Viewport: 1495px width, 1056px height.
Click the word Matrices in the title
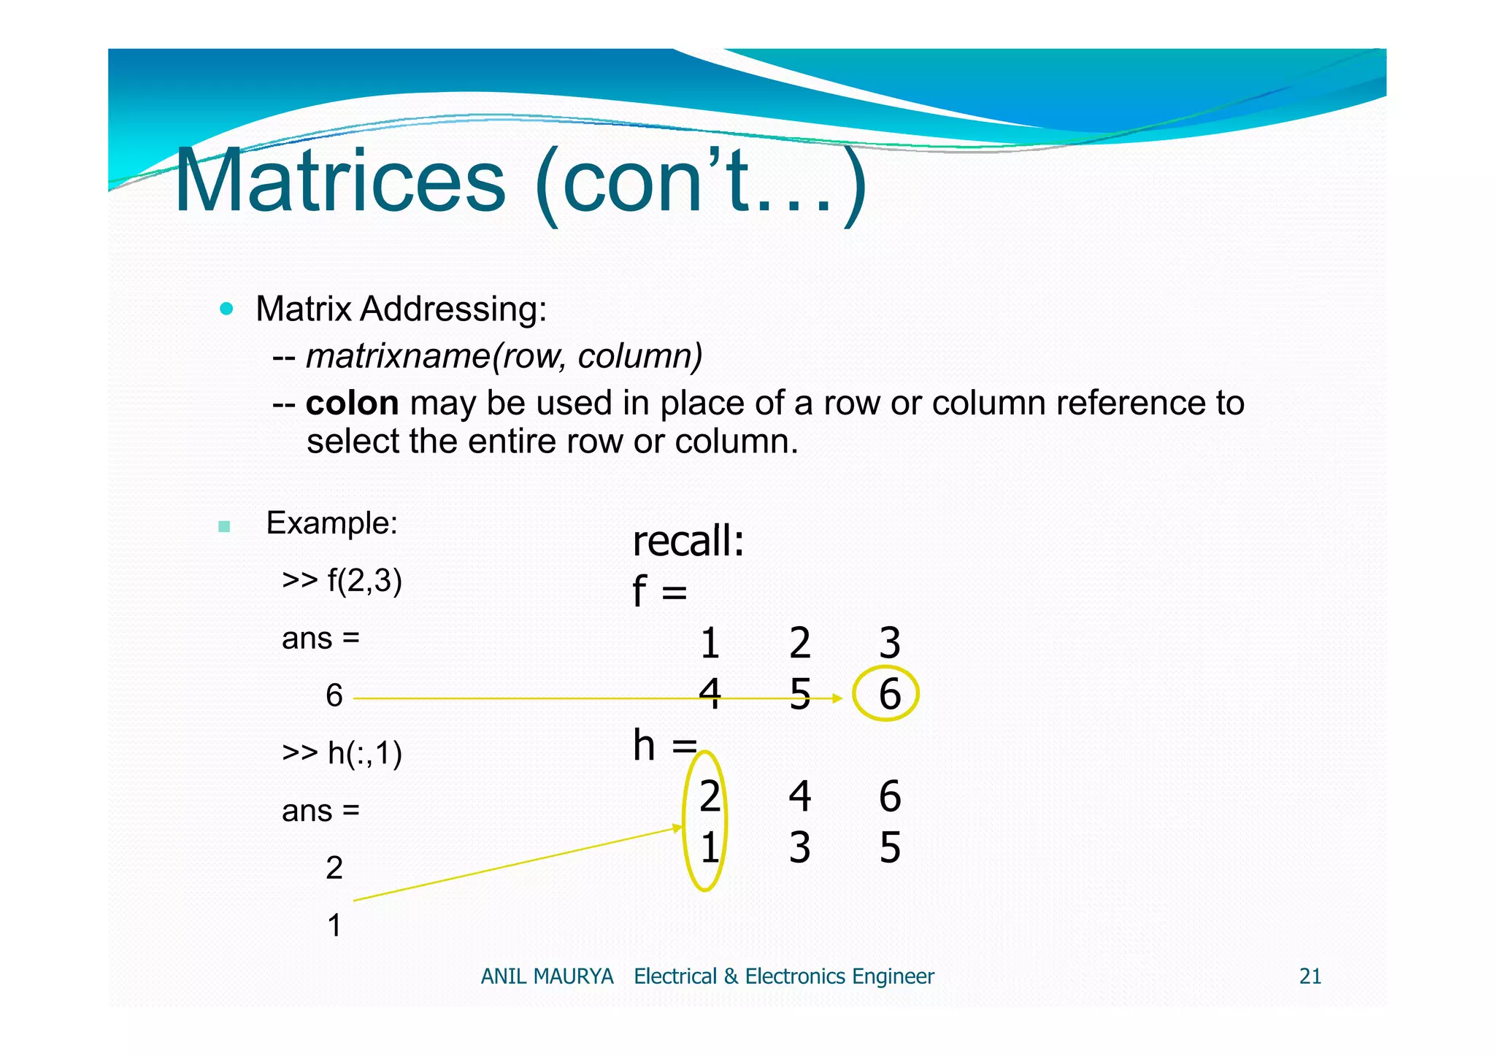pos(339,180)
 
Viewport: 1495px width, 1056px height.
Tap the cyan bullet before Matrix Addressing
pos(226,309)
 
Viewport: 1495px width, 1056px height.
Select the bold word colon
pos(352,404)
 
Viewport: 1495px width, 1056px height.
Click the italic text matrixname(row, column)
pos(504,356)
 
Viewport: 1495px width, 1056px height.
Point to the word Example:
pos(331,523)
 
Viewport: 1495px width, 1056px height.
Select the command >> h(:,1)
pos(342,752)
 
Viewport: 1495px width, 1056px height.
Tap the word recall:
pos(688,542)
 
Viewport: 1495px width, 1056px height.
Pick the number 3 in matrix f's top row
pos(889,643)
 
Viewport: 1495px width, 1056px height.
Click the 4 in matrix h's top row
pos(799,795)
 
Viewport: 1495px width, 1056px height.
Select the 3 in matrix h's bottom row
pos(799,847)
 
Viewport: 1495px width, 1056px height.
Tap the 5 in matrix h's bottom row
pos(889,847)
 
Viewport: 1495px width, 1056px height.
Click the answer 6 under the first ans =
pos(334,695)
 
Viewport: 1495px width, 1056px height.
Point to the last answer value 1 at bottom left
pos(334,925)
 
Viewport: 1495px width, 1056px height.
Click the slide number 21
pos(1310,976)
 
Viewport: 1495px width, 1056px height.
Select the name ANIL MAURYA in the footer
pos(547,976)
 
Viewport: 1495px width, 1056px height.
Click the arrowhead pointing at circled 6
pos(838,698)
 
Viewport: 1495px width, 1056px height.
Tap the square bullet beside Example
pos(224,526)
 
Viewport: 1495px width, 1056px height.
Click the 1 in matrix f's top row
pos(710,643)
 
